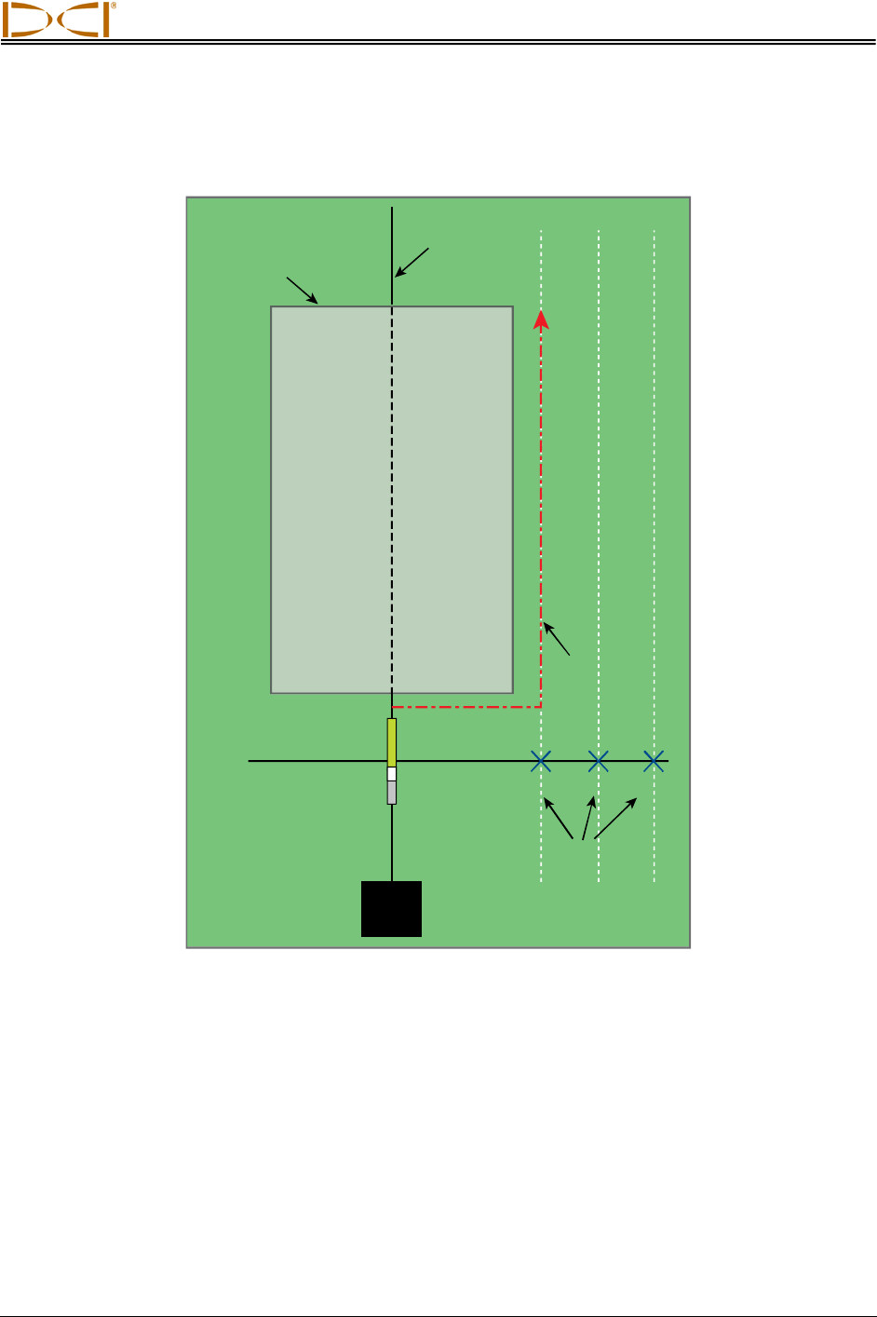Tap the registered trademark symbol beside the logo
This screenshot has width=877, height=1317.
pyautogui.click(x=114, y=6)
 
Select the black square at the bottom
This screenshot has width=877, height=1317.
pyautogui.click(x=391, y=908)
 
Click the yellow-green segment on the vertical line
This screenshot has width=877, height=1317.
pyautogui.click(x=392, y=741)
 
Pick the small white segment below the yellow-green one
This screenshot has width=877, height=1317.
pyautogui.click(x=392, y=774)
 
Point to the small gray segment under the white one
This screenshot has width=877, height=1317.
pyautogui.click(x=392, y=793)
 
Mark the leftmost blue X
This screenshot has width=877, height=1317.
pyautogui.click(x=541, y=761)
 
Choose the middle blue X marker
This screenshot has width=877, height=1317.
pyautogui.click(x=599, y=761)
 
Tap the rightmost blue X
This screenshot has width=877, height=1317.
pyautogui.click(x=654, y=761)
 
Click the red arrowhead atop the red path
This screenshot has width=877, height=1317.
pyautogui.click(x=541, y=319)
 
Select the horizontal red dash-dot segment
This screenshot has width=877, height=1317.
pyautogui.click(x=465, y=706)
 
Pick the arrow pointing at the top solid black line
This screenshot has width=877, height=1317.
pyautogui.click(x=412, y=262)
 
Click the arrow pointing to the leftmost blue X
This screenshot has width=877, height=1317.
pyautogui.click(x=559, y=819)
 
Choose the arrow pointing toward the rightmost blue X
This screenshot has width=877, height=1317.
pyautogui.click(x=615, y=818)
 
